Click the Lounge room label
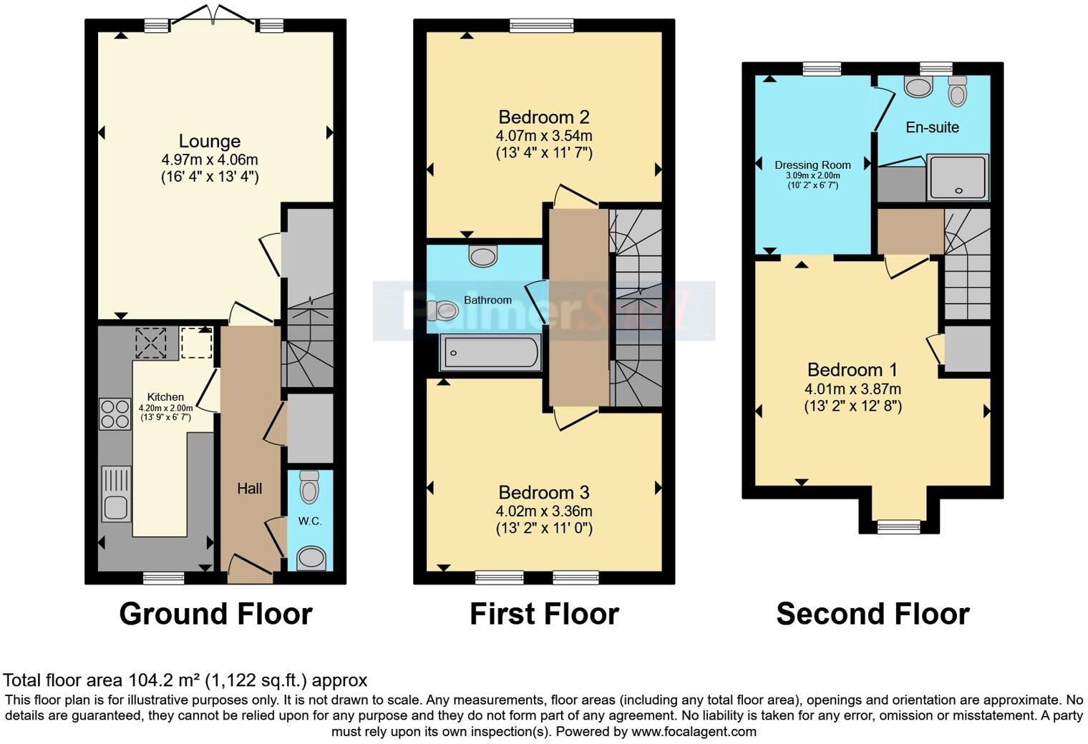tap(209, 141)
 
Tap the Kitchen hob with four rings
tap(115, 413)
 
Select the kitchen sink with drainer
tap(116, 493)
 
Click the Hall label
tap(249, 489)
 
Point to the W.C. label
tap(310, 521)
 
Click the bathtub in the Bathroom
tap(490, 353)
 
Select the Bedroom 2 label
tap(544, 117)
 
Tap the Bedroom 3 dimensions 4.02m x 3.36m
tap(544, 511)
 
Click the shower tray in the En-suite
tap(958, 177)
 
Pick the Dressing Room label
tap(812, 165)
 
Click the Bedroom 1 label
tap(852, 370)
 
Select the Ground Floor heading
tap(215, 614)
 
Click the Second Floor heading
tap(873, 614)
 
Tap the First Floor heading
tap(544, 614)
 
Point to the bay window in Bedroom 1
tap(899, 527)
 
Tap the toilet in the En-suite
tap(957, 91)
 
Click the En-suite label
tap(932, 127)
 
